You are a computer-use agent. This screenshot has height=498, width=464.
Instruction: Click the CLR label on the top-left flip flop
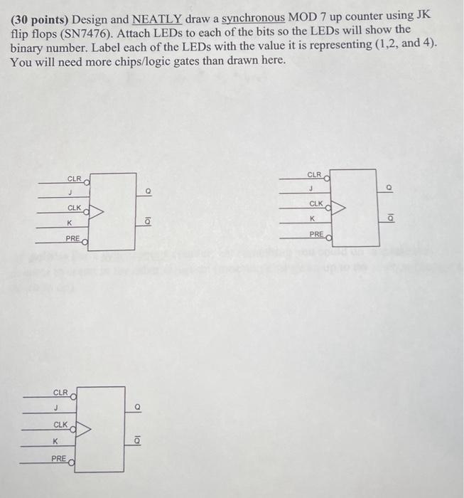75,179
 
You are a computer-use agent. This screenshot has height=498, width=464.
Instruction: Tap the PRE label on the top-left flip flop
72,238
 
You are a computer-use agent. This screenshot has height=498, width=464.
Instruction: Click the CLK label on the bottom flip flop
60,425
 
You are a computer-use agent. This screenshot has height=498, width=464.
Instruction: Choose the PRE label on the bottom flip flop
59,459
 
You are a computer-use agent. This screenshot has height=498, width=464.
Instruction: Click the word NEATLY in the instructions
156,17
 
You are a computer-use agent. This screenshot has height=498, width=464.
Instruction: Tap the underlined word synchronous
254,17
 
